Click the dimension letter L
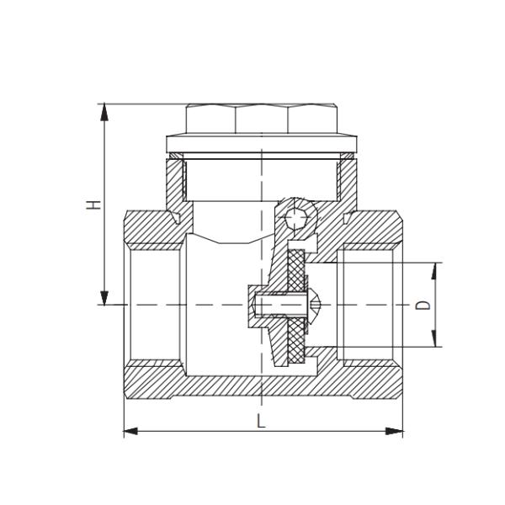[261, 422]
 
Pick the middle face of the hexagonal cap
[261, 120]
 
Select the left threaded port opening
[151, 304]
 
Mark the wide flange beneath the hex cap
[261, 141]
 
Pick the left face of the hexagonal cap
[210, 120]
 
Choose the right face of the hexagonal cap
[312, 120]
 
